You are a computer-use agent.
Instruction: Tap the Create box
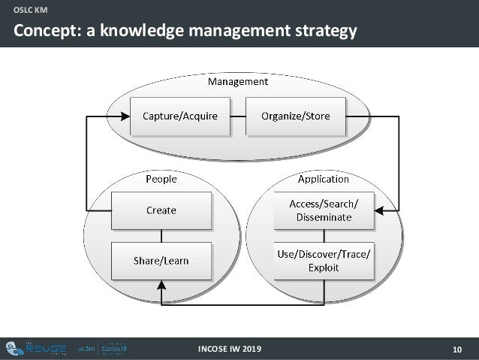[161, 210]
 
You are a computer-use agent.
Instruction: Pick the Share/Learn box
[161, 261]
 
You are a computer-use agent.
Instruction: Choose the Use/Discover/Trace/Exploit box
[323, 261]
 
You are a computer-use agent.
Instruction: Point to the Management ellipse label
[237, 80]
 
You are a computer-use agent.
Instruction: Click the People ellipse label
[161, 179]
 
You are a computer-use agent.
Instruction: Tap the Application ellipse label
[323, 179]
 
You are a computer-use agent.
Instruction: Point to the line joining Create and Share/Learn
[161, 235]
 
